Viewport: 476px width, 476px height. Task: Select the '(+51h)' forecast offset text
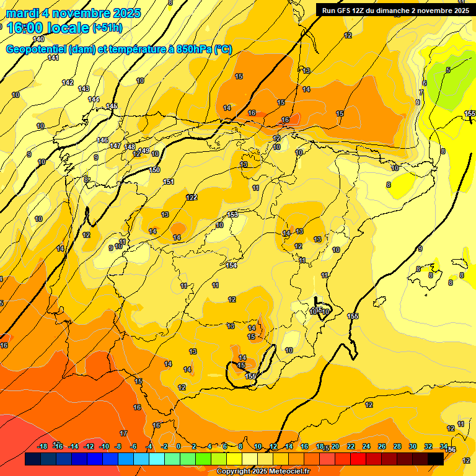tap(107, 28)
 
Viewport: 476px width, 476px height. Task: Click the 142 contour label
tap(68, 82)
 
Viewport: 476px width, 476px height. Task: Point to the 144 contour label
tap(94, 99)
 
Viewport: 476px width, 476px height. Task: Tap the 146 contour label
tap(102, 140)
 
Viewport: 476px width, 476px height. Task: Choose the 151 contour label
tap(169, 182)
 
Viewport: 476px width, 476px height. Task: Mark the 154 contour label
tap(231, 265)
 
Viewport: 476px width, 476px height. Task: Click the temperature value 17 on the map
tap(123, 433)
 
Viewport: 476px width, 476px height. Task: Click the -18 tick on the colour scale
tap(42, 446)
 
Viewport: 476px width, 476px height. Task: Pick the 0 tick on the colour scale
tap(178, 446)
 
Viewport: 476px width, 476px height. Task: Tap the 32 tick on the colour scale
tap(428, 446)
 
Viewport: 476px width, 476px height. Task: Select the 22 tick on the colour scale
tap(351, 446)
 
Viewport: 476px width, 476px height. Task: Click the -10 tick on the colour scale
tap(104, 446)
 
